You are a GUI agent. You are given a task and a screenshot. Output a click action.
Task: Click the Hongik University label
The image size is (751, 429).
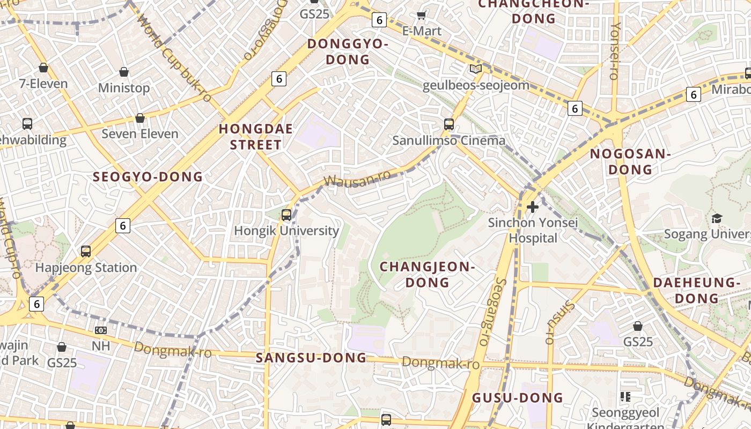286,231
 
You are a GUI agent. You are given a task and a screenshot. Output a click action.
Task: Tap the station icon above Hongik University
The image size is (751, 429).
286,215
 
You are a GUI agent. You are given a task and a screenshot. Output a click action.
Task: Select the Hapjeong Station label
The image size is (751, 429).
86,267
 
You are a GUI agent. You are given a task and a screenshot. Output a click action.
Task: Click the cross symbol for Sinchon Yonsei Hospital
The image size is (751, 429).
532,206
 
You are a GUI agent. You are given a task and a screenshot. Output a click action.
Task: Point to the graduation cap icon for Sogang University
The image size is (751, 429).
717,218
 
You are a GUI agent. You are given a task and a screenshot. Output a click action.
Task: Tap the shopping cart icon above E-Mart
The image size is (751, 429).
422,15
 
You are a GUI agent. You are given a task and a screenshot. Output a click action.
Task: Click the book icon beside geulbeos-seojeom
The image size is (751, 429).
475,69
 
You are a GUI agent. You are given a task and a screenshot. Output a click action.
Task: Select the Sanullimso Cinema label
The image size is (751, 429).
448,140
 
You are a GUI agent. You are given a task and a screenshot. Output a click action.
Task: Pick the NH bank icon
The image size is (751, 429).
100,330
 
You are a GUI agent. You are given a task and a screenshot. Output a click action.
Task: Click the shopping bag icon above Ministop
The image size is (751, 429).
124,72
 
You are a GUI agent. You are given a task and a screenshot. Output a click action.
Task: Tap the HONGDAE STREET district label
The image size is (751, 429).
256,137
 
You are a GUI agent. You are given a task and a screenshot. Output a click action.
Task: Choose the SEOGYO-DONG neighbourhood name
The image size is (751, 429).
148,177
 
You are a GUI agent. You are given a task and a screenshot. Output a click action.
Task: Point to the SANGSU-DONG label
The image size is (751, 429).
311,358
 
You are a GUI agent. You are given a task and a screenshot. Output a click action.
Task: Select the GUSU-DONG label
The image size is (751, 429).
517,397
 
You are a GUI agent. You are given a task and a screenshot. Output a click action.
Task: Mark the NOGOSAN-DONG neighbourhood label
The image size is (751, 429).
630,161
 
